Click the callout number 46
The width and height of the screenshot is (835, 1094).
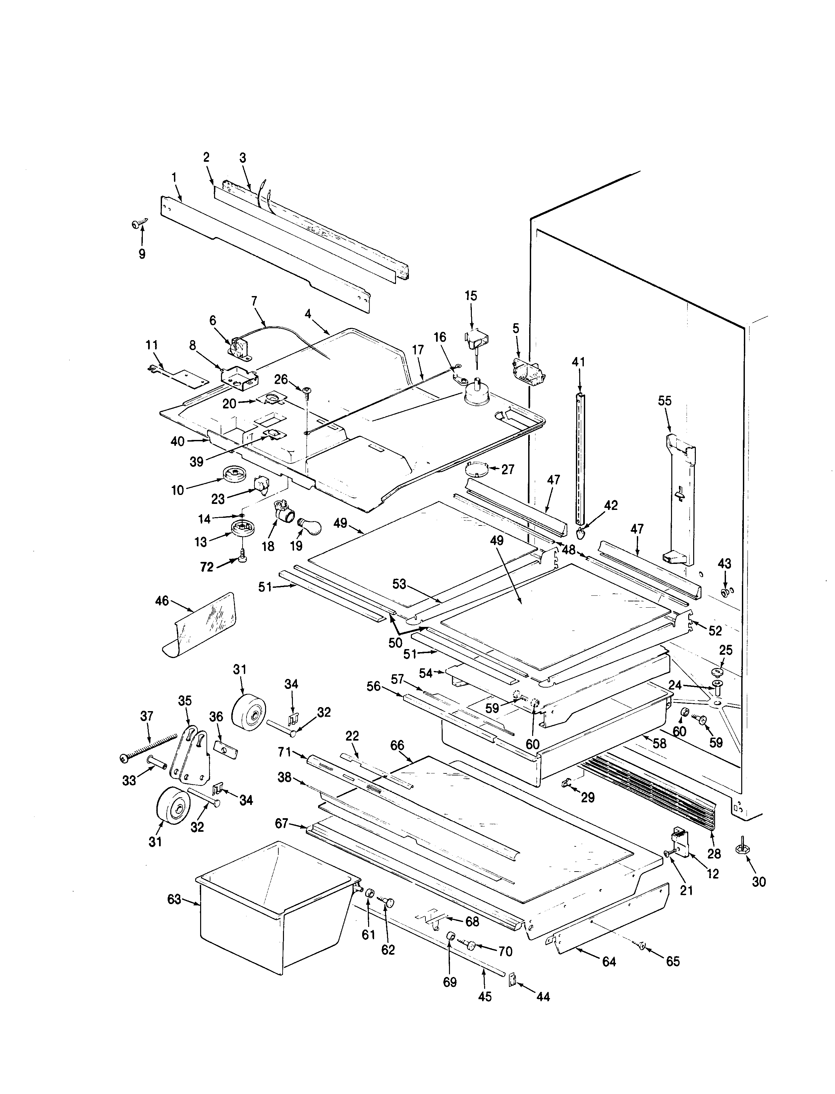[162, 601]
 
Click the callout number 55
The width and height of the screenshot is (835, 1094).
[665, 401]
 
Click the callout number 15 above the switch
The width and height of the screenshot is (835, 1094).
[471, 296]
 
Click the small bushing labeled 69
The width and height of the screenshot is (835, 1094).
[450, 938]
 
